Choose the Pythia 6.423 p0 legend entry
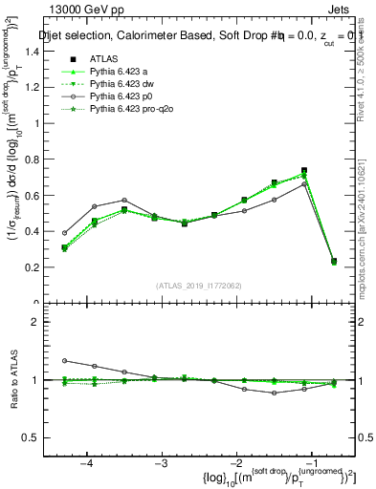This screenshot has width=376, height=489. tap(119, 97)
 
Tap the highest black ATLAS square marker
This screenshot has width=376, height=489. tap(304, 171)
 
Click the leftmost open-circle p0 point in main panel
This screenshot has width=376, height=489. tap(65, 233)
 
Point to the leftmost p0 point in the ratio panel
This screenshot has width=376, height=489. tap(65, 361)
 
